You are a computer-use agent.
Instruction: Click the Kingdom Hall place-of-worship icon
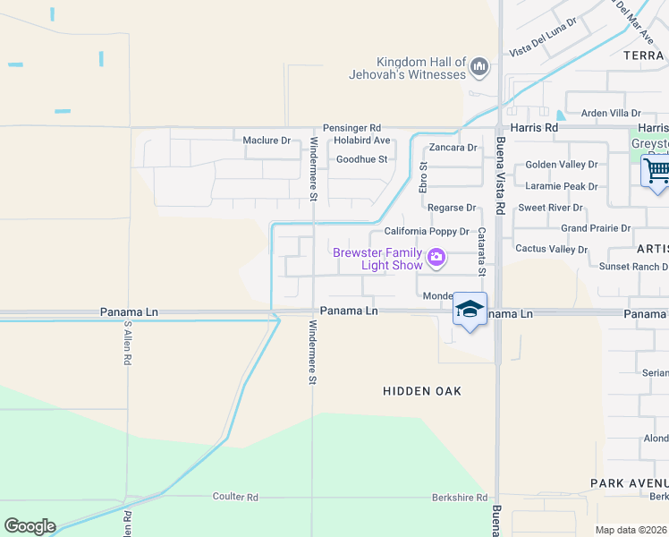pos(479,66)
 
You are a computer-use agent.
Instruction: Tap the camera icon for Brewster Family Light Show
pos(436,259)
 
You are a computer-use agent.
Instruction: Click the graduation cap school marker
pos(470,309)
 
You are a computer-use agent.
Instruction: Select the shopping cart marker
pos(657,169)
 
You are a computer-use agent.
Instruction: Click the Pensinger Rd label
pos(351,128)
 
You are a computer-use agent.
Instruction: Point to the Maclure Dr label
pos(267,141)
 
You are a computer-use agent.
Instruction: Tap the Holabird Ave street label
pos(362,141)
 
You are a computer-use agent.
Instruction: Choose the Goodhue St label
pos(361,160)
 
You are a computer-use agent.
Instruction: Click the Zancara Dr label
pos(453,148)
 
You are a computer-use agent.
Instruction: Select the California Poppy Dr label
pos(427,232)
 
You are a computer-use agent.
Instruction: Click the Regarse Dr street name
pos(452,208)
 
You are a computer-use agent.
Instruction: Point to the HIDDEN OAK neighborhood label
pos(422,391)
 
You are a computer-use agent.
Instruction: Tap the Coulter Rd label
pos(235,497)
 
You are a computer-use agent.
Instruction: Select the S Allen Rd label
pos(128,343)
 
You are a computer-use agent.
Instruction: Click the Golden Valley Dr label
pos(561,165)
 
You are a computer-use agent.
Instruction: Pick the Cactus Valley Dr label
pos(548,249)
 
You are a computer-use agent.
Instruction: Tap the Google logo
pos(30,526)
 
